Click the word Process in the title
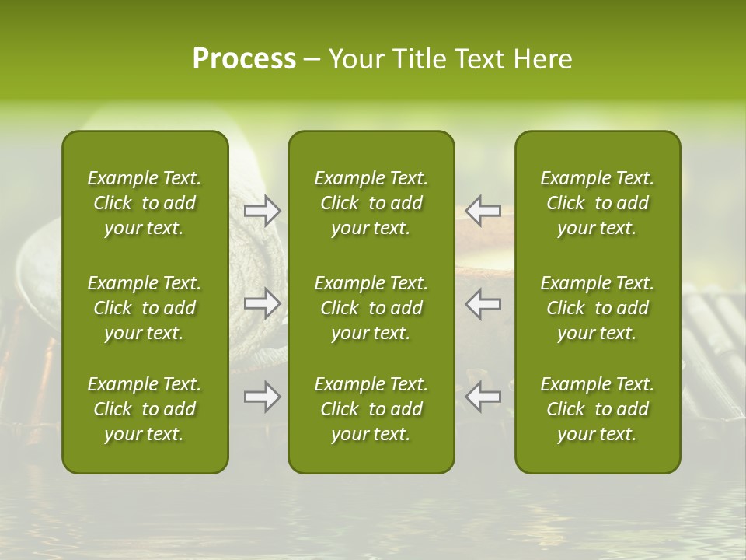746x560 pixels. (x=244, y=59)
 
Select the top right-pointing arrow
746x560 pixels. (x=263, y=211)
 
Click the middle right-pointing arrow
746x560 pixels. (x=263, y=303)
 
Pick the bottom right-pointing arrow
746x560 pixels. (x=263, y=397)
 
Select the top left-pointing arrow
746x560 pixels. (x=483, y=211)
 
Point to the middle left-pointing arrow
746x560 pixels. (x=483, y=303)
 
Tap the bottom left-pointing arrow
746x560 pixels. (x=483, y=397)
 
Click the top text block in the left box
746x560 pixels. (x=145, y=203)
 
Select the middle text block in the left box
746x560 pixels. (x=145, y=308)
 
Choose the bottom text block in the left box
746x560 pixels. (x=145, y=409)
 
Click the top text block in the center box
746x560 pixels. (x=371, y=203)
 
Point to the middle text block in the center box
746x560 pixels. (x=371, y=308)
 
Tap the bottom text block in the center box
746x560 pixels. (x=371, y=409)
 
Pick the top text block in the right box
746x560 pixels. (x=598, y=203)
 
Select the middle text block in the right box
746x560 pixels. (x=598, y=308)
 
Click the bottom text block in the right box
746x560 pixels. (x=598, y=409)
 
